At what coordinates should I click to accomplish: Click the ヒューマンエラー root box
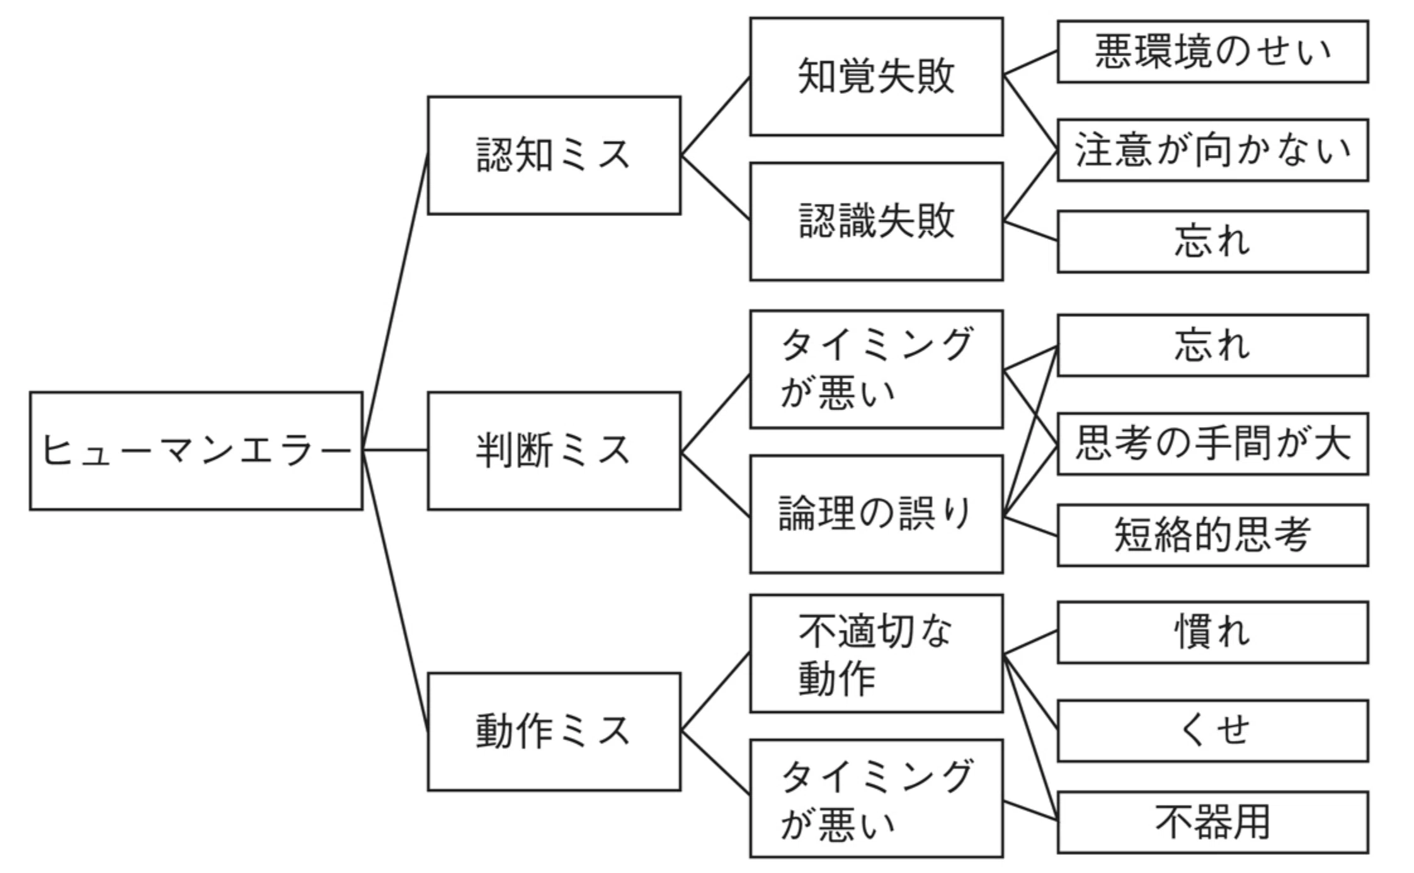click(x=196, y=451)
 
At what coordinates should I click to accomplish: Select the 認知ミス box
click(x=554, y=156)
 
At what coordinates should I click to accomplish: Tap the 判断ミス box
click(x=554, y=451)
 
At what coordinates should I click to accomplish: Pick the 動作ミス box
click(x=554, y=731)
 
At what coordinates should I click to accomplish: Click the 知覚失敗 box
click(x=876, y=76)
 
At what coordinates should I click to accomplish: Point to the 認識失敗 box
click(x=876, y=222)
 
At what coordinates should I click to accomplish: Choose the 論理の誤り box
click(x=876, y=514)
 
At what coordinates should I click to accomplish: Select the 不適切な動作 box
click(x=876, y=654)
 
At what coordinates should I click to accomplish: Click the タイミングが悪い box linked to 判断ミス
click(x=876, y=369)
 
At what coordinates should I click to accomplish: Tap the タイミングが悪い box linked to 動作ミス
click(x=876, y=799)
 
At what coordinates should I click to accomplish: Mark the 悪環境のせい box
click(x=1212, y=52)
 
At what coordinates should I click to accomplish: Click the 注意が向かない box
click(x=1212, y=150)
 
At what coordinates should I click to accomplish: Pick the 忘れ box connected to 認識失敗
click(x=1212, y=242)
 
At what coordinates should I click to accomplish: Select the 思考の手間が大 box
click(x=1212, y=444)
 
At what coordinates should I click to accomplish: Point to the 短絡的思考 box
click(x=1212, y=535)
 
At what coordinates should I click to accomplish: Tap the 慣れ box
click(x=1212, y=632)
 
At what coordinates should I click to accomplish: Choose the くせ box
click(x=1212, y=731)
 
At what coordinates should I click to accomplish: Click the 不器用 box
click(x=1212, y=823)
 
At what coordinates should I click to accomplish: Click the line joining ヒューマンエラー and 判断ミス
click(x=396, y=450)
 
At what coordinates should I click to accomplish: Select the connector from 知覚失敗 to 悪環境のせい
click(x=1030, y=63)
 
